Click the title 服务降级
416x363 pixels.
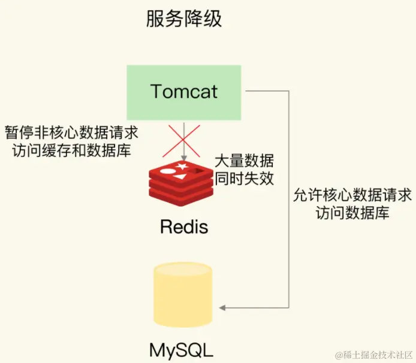pyautogui.click(x=183, y=19)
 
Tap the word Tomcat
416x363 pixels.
pyautogui.click(x=184, y=92)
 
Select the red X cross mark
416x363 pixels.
pyautogui.click(x=182, y=140)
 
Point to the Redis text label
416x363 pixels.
pyautogui.click(x=184, y=228)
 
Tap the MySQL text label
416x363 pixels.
pyautogui.click(x=181, y=348)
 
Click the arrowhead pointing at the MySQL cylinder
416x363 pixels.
pyautogui.click(x=223, y=308)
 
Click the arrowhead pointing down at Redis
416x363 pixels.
pyautogui.click(x=182, y=159)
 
